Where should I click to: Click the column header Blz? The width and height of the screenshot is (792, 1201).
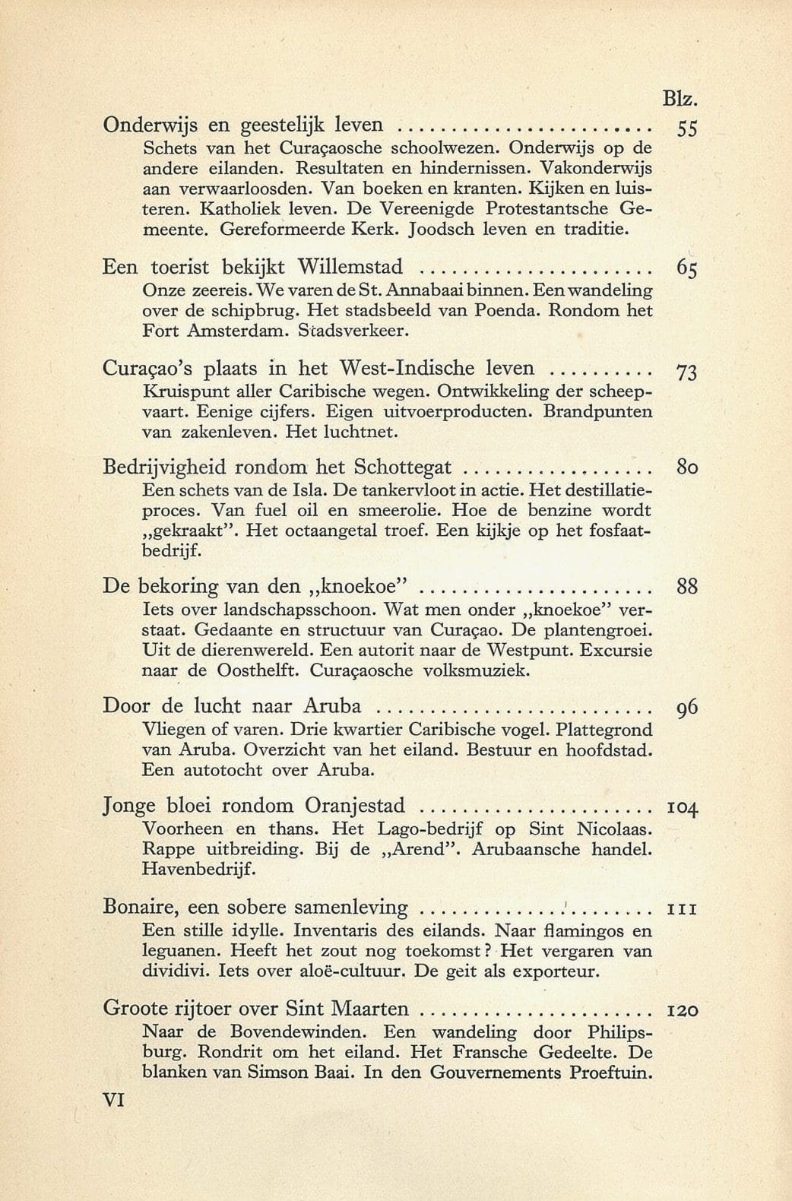680,100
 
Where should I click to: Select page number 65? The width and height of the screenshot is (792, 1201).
686,269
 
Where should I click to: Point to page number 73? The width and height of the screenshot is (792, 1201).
686,372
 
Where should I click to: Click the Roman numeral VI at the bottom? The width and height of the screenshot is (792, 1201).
113,1100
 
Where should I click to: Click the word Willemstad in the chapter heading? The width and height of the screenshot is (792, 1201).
349,267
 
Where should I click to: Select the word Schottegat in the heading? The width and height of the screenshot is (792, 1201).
403,467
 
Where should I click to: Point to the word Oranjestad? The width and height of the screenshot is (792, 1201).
355,806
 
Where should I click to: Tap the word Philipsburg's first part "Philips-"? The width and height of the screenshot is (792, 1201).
620,1032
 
